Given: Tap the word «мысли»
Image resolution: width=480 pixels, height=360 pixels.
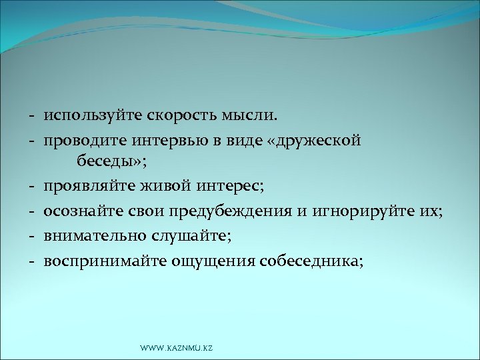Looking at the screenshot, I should click(249, 117).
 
